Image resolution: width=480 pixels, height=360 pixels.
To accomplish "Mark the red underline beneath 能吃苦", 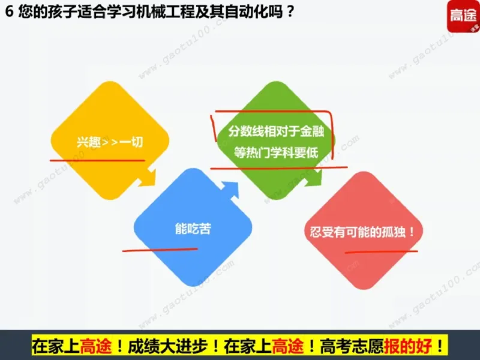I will [x=159, y=248].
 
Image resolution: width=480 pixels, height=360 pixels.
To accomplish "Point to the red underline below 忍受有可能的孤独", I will [x=382, y=250].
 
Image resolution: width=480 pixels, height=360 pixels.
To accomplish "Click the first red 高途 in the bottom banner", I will [x=95, y=346].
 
